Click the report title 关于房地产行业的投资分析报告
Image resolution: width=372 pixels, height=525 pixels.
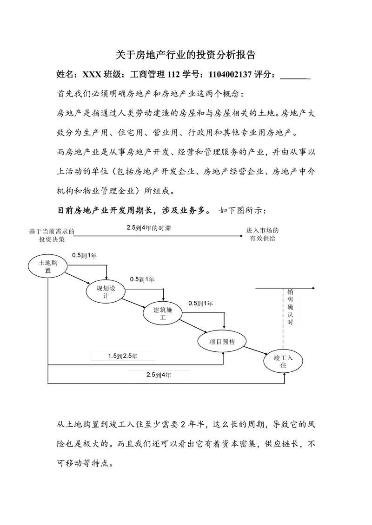pyautogui.click(x=186, y=55)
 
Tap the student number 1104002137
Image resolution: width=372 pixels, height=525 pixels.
pyautogui.click(x=230, y=74)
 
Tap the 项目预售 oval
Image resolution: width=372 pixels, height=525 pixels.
pyautogui.click(x=222, y=342)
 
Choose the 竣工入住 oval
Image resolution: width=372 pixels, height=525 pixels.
pyautogui.click(x=283, y=361)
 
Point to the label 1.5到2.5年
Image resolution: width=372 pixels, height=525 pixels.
pyautogui.click(x=123, y=356)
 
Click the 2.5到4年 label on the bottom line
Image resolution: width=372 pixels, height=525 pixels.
pyautogui.click(x=159, y=375)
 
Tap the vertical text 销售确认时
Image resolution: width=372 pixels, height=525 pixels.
pyautogui.click(x=291, y=307)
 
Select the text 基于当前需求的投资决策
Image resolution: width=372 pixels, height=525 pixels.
pyautogui.click(x=52, y=234)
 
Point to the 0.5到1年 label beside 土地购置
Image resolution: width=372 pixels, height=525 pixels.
pyautogui.click(x=84, y=255)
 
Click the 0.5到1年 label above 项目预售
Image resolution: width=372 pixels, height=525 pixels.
pyautogui.click(x=200, y=304)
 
